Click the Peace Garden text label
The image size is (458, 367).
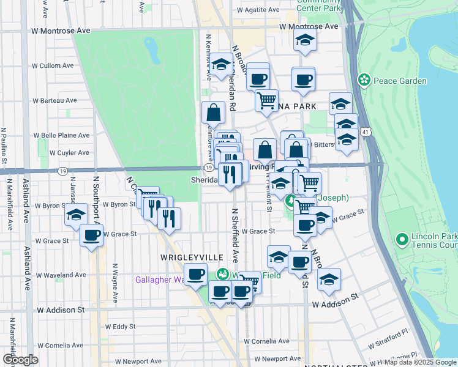[x=401, y=81]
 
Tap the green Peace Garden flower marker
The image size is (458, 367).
[x=365, y=80]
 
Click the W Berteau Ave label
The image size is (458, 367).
[x=55, y=100]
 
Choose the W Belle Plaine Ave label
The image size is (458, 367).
[x=61, y=135]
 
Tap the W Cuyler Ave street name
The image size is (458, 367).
[x=70, y=152]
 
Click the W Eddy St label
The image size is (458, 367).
[x=120, y=327]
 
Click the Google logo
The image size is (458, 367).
[x=20, y=359]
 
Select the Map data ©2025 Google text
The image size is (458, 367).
[x=420, y=362]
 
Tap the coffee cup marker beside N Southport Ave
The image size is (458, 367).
[x=91, y=235]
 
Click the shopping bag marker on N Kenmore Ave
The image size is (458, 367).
[x=212, y=113]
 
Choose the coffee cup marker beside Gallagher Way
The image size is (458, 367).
[x=195, y=275]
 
